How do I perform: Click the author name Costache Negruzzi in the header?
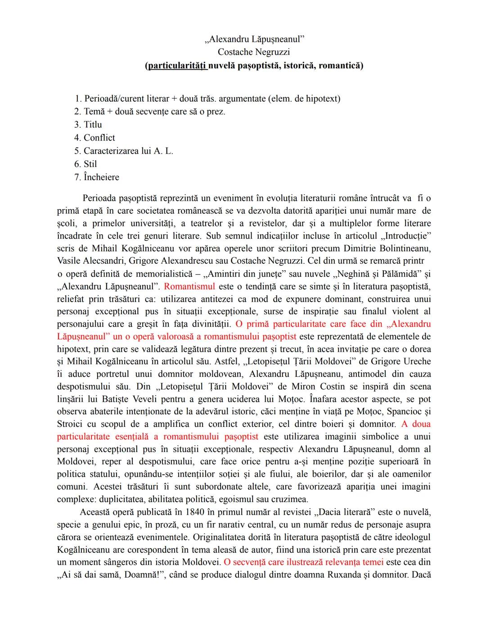click(254, 52)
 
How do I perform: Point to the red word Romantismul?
click(189, 286)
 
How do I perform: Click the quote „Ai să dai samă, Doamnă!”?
click(107, 575)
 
